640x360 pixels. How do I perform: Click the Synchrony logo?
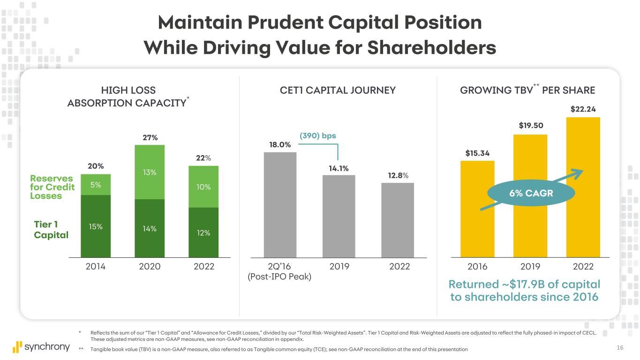(41, 347)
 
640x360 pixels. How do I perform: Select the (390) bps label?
(318, 136)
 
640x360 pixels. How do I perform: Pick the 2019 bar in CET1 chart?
(339, 216)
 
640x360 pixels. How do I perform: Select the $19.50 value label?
(530, 126)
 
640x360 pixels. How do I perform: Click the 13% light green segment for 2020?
(150, 172)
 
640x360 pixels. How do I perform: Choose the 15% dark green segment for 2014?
(96, 226)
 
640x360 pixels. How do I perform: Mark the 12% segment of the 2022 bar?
(203, 232)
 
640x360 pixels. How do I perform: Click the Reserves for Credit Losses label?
(52, 187)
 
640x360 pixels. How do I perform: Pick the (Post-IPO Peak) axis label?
(279, 277)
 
